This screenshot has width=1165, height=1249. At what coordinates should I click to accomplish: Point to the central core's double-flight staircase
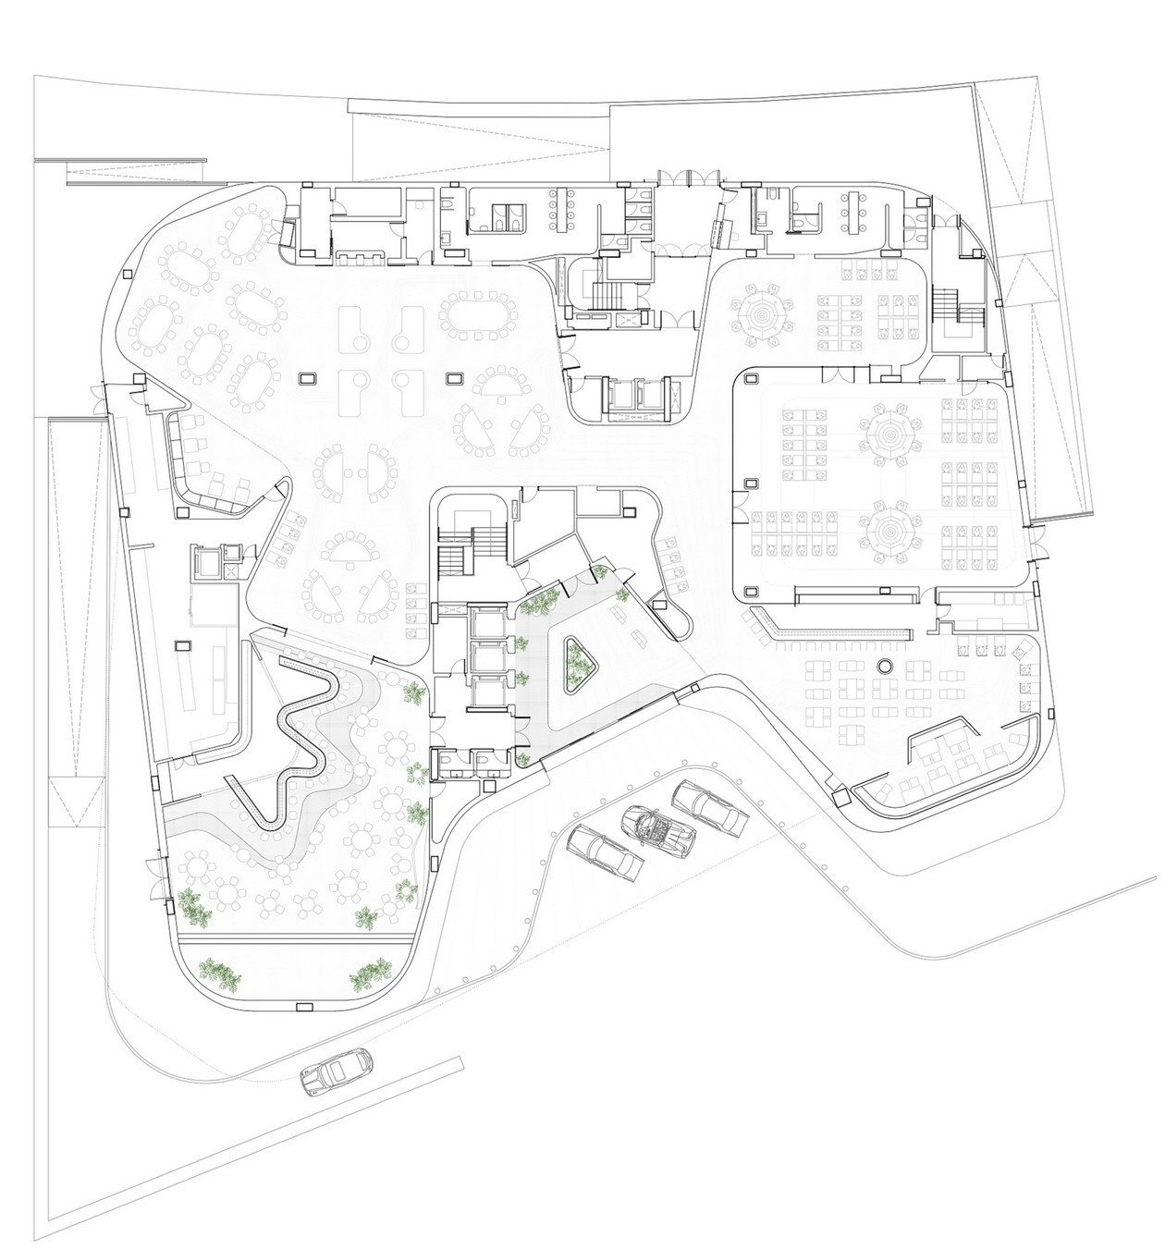click(x=471, y=545)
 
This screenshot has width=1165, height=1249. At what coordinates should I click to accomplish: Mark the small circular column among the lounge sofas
click(x=883, y=667)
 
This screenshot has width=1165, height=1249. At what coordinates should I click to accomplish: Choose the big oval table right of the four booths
click(x=475, y=316)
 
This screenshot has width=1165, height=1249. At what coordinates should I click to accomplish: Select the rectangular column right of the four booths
click(x=454, y=378)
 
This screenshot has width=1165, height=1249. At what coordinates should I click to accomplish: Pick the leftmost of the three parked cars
click(x=606, y=852)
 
